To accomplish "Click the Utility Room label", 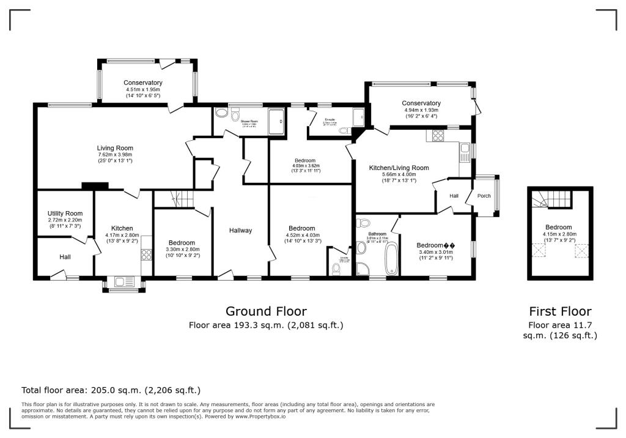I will click(x=65, y=213).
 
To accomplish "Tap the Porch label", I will click(x=484, y=196).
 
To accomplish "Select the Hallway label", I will click(x=241, y=231).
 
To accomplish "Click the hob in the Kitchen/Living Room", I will click(x=438, y=136).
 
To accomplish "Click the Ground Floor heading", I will click(x=266, y=311).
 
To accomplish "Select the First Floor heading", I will click(x=561, y=311).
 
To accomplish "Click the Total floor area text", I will click(x=111, y=390).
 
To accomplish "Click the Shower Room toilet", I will click(x=221, y=113).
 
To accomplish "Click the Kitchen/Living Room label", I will click(x=399, y=168).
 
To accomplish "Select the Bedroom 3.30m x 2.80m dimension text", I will click(x=182, y=250).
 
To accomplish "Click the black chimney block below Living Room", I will click(x=95, y=186).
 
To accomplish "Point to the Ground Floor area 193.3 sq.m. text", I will click(x=266, y=325).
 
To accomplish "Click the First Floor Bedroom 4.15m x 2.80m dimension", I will click(x=559, y=234).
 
